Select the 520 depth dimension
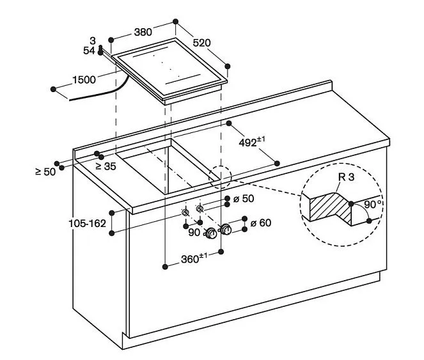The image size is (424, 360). coord(201,43)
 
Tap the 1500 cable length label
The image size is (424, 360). coord(83,80)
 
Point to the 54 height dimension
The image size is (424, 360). coord(89,50)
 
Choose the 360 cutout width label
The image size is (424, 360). coord(193,259)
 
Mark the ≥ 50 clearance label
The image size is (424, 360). coord(45,171)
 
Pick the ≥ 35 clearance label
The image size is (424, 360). coord(106,166)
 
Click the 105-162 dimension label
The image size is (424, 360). coord(87,223)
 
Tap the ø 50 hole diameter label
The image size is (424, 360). coord(244,199)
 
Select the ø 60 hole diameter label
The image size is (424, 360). coord(261,223)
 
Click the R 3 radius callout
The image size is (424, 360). coord(346,177)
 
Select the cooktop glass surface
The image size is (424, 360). coord(171,66)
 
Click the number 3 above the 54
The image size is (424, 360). coord(93,41)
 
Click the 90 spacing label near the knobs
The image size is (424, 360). coord(194,233)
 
